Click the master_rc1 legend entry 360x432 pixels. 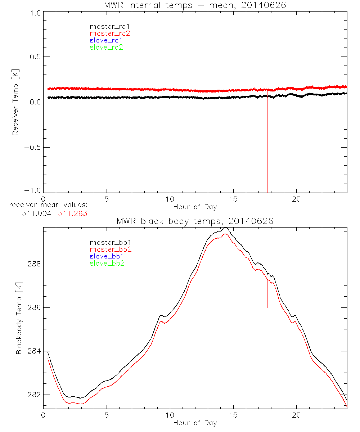pos(106,26)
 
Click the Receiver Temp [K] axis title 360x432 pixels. pos(15,102)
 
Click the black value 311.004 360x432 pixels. pos(37,213)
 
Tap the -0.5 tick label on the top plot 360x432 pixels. pos(32,147)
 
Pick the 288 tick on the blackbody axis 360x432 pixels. pos(34,264)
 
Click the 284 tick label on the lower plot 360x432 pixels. pos(34,351)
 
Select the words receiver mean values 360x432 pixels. pos(48,205)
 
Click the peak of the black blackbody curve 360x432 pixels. pos(225,228)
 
